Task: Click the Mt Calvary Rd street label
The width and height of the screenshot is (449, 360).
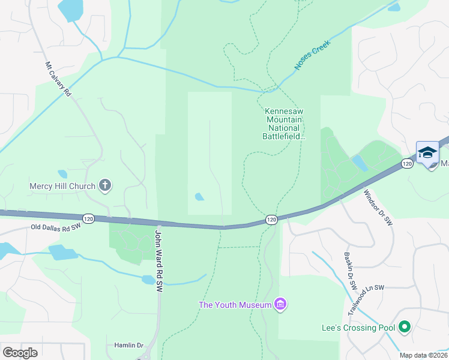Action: point(58,79)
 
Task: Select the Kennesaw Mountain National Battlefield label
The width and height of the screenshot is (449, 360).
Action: point(284,124)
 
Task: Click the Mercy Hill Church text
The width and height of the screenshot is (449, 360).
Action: point(62,186)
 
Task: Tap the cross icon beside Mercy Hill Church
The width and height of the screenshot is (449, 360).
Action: point(105,185)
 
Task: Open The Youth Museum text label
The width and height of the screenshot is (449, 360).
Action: point(235,305)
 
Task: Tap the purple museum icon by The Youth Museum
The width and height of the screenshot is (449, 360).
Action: point(280,305)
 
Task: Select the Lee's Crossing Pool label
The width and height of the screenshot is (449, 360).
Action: point(358,328)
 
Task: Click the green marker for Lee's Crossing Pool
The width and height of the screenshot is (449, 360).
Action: point(405,327)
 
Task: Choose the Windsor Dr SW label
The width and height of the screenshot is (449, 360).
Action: point(378,207)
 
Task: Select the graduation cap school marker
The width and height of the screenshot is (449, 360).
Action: point(427,153)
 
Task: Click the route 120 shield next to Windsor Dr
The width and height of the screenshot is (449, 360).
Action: point(407,164)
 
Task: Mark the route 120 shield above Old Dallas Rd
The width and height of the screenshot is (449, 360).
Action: point(89,220)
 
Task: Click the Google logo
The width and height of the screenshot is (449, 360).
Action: point(20,353)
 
